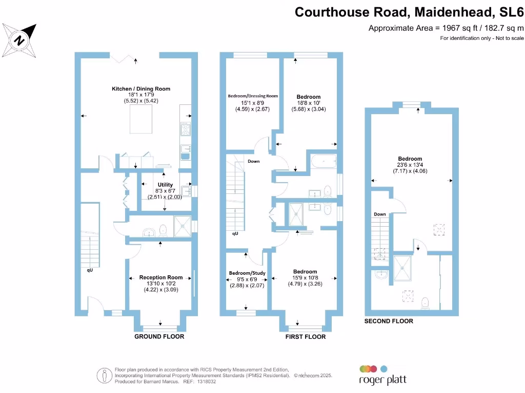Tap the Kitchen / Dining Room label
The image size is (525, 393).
(x=141, y=89)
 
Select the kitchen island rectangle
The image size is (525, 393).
(x=140, y=121)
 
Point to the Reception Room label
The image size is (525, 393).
(x=161, y=277)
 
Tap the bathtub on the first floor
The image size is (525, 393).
(x=322, y=163)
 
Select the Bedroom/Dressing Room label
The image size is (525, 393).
(x=252, y=96)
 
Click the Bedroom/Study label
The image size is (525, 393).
(x=247, y=273)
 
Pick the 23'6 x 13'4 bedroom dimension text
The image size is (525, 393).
(x=410, y=165)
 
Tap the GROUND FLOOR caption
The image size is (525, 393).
(x=159, y=337)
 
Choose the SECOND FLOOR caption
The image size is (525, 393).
(x=389, y=321)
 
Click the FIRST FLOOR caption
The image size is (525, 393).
(x=305, y=337)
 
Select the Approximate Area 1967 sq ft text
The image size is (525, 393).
(x=446, y=28)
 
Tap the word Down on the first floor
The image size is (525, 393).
(x=254, y=161)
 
